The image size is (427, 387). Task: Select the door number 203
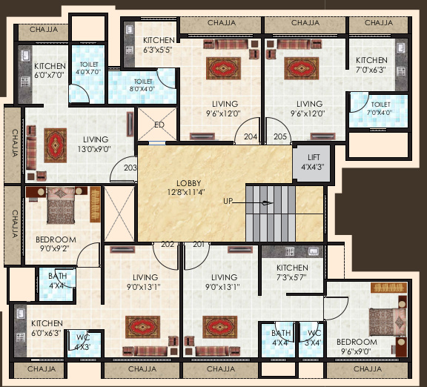(130, 168)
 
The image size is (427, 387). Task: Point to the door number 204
(251, 136)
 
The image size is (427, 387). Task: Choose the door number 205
(280, 136)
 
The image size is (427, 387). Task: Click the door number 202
(168, 244)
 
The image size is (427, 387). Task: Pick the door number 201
(198, 244)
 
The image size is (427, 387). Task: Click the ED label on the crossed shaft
(159, 125)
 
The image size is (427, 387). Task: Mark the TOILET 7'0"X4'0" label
(380, 109)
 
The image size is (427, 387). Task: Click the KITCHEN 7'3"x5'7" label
(292, 272)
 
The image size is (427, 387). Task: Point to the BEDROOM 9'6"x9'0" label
(357, 347)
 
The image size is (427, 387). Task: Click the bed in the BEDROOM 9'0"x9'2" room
(62, 205)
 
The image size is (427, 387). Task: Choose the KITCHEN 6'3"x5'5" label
(159, 44)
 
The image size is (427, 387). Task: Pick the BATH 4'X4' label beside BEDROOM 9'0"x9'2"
(57, 280)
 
